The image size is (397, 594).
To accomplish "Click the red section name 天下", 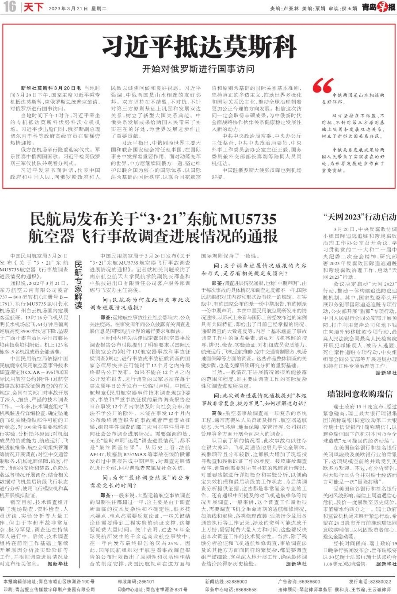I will [x=33, y=7].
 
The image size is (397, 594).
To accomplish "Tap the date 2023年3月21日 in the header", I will [x=68, y=8].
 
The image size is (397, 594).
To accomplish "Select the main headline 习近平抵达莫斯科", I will [x=199, y=47].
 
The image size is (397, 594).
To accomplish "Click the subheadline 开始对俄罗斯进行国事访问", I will [x=198, y=69].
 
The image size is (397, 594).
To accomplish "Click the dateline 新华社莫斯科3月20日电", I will [x=51, y=88].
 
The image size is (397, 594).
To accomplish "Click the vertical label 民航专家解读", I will [x=79, y=285].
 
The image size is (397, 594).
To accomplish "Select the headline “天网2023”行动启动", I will [x=360, y=217].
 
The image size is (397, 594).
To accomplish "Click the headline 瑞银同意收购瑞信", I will [x=360, y=394].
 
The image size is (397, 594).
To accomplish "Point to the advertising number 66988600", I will [x=309, y=582].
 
